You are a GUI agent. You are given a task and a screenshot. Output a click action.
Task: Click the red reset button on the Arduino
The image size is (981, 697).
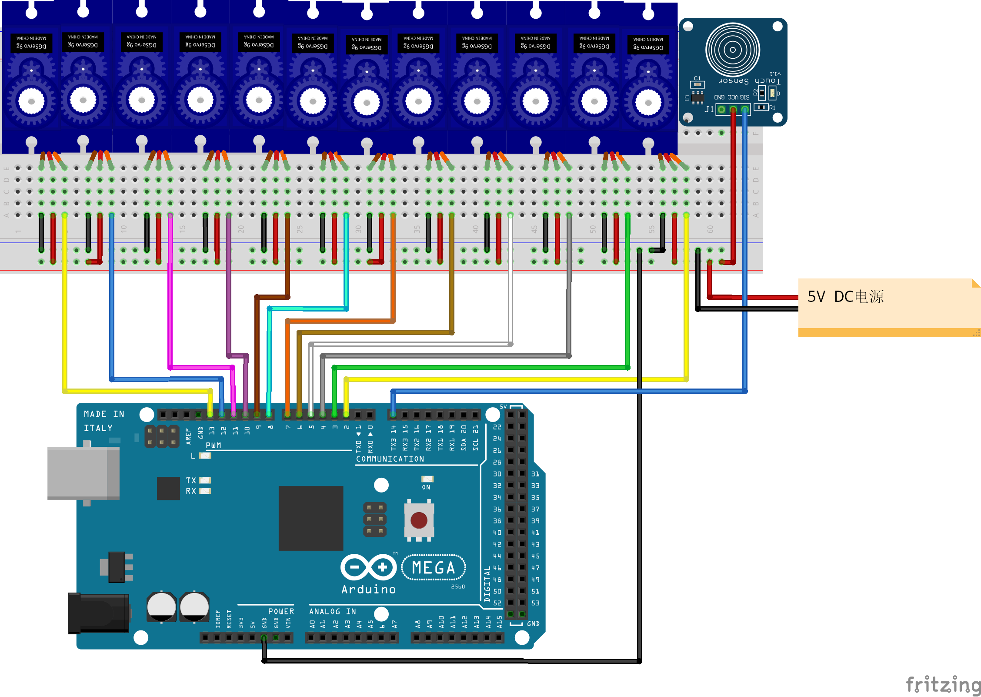pos(419,520)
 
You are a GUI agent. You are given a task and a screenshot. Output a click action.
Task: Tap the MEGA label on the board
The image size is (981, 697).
pos(433,568)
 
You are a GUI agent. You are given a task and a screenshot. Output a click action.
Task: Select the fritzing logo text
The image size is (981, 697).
pos(942,685)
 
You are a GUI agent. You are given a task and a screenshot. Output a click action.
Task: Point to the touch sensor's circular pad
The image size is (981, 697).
pos(733,50)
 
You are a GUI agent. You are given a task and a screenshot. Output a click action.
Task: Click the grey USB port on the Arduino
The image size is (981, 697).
pos(83,473)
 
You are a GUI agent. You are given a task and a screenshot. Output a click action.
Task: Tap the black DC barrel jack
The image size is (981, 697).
pos(99,613)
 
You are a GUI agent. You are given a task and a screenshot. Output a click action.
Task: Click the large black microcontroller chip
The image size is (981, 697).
pos(310,518)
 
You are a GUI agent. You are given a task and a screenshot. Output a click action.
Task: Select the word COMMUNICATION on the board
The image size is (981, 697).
pos(390,459)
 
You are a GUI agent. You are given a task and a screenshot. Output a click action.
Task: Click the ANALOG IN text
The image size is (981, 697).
pos(333,611)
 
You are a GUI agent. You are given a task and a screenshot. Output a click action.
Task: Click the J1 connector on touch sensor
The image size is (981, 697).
pos(733,109)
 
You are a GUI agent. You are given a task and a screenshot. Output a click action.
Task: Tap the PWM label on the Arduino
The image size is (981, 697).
pos(213,445)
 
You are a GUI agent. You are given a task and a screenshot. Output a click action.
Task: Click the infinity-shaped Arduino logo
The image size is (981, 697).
pos(369,567)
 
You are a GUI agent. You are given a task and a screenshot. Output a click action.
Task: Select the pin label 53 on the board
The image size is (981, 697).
pos(535,603)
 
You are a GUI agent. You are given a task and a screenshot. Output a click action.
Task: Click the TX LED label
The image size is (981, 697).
pos(191,480)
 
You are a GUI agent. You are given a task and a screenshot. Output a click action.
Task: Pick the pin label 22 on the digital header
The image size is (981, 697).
pos(497,427)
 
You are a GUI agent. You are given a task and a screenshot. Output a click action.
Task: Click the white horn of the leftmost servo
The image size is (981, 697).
pos(31,101)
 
